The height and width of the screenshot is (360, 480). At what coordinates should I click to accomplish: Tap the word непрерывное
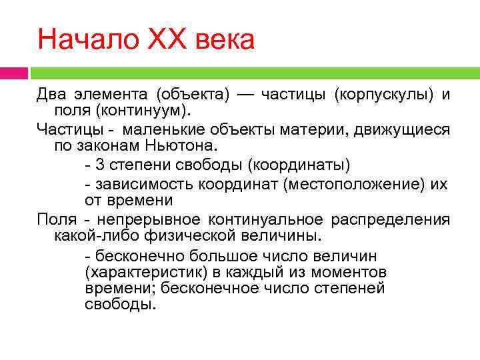tap(148, 219)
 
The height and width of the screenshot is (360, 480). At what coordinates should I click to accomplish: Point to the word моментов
tap(347, 273)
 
